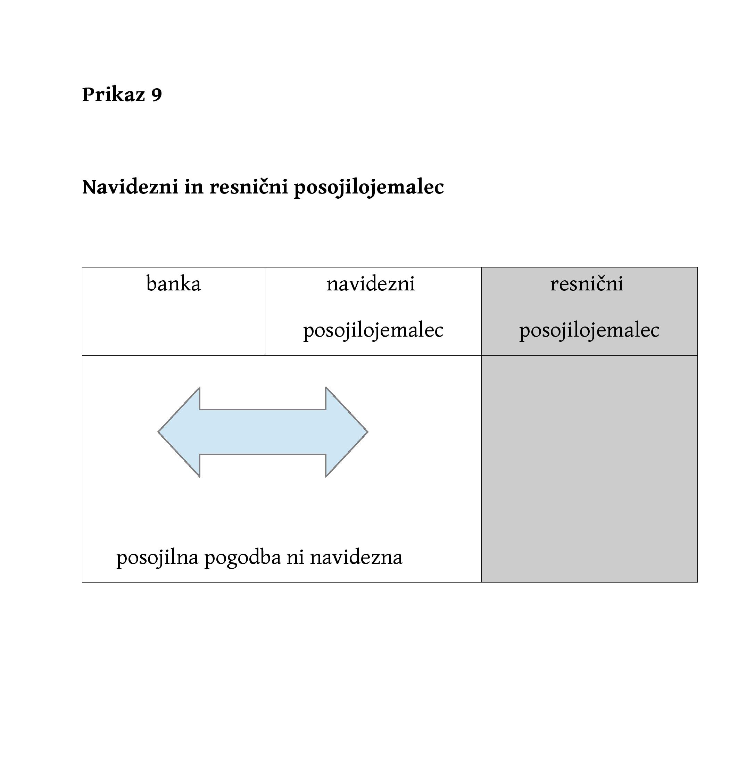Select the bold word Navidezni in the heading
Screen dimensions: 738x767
tap(130, 186)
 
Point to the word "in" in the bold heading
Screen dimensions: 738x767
tap(194, 186)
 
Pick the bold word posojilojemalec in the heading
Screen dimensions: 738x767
tap(369, 188)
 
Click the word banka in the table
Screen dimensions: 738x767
tap(173, 283)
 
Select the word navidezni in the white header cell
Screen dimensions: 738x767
tap(371, 283)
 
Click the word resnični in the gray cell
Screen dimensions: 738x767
tap(587, 283)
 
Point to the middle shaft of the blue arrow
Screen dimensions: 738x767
tap(263, 432)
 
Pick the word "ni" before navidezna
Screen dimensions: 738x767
tap(296, 557)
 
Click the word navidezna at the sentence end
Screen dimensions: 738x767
tap(356, 557)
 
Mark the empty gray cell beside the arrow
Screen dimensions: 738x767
tap(589, 469)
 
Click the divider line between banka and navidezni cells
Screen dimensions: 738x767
tap(265, 312)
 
